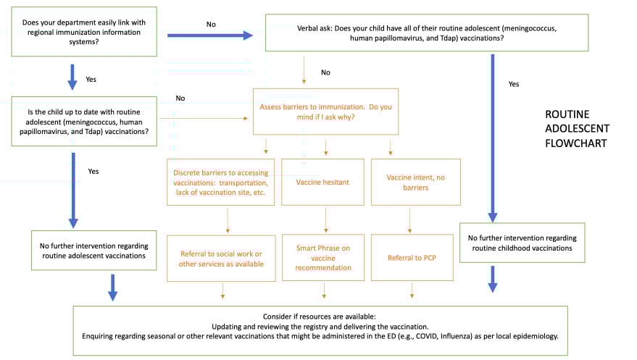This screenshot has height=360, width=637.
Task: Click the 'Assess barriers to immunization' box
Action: [x=325, y=112]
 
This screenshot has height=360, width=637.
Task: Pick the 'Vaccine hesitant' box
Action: [x=322, y=182]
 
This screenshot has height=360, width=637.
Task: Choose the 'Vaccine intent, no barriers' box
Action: [x=411, y=182]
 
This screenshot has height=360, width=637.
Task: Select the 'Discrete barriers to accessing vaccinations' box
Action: [x=221, y=182]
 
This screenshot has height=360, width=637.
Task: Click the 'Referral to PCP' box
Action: [x=411, y=258]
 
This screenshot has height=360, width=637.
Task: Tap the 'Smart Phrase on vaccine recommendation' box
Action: [x=322, y=258]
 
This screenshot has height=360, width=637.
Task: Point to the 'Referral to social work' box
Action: [x=221, y=258]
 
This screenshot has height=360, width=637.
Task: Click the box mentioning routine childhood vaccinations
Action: [x=512, y=243]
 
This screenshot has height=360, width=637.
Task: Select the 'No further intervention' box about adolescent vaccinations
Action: [x=94, y=250]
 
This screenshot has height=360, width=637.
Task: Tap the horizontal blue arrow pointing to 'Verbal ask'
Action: [x=210, y=35]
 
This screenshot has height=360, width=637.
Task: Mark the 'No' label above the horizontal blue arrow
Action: [x=211, y=24]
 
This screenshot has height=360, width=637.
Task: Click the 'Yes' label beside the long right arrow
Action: [x=514, y=84]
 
